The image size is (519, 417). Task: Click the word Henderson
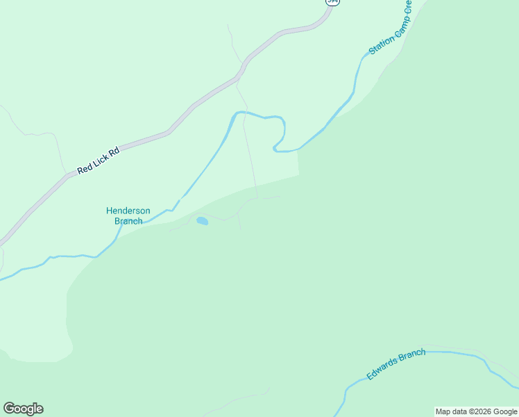pos(128,211)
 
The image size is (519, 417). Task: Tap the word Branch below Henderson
pos(128,221)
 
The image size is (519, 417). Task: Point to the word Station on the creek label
pos(381,44)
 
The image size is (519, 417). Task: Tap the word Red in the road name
pos(84,168)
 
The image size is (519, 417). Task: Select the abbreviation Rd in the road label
pos(114,150)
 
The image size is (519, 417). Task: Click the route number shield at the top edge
pos(333,2)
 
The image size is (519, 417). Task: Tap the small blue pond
pos(202,221)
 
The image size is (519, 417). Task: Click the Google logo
pos(23,409)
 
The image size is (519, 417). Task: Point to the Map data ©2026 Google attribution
pos(477,411)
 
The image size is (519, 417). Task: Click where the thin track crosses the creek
pos(244,113)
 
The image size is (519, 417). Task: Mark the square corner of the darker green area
pos(298,175)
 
